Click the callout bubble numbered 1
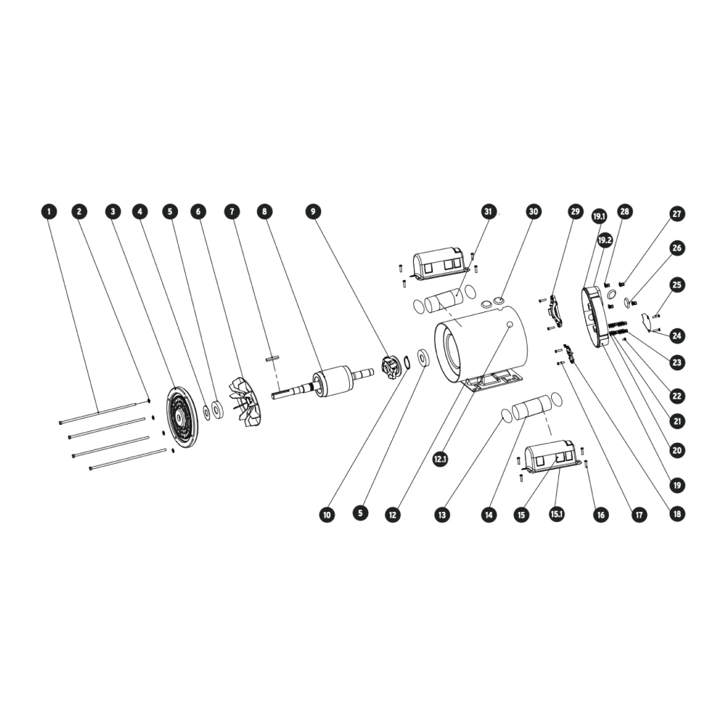coord(49,212)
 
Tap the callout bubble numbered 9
coord(313,211)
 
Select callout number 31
coord(488,211)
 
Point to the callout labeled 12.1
coord(440,460)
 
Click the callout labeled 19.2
coord(605,240)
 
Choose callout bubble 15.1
coord(557,514)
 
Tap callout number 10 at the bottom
coord(327,515)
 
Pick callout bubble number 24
coord(677,335)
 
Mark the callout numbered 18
coord(677,514)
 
